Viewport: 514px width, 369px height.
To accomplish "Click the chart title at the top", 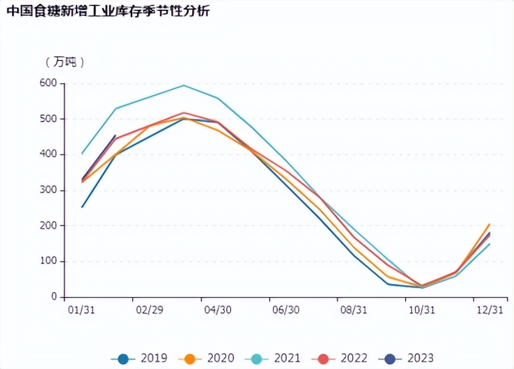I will (x=106, y=10).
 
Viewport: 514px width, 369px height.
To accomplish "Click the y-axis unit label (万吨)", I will (x=64, y=62).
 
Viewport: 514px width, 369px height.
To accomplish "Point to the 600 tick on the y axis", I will (x=48, y=83).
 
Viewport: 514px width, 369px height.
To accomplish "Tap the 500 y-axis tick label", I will (x=48, y=119).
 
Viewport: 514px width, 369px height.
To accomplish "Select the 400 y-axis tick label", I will (x=48, y=155).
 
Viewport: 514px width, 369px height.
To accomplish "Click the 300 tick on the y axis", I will (x=48, y=190).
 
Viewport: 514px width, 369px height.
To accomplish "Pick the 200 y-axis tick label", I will (x=48, y=225).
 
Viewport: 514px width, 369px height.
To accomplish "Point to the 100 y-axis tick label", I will (x=48, y=261).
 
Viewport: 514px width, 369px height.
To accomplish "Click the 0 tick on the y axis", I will (x=54, y=297).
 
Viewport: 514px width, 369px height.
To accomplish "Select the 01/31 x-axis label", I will (x=81, y=310).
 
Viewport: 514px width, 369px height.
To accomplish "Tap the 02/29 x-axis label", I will (x=149, y=310).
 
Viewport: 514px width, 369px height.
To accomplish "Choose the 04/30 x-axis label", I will (x=217, y=310).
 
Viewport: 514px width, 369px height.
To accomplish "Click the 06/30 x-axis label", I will (x=285, y=310).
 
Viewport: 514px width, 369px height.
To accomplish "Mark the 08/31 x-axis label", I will (x=354, y=310).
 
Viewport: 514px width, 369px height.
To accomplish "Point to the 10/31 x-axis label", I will (x=422, y=310).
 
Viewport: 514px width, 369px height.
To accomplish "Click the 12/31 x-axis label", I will (x=490, y=310).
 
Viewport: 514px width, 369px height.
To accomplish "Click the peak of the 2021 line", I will (x=184, y=85).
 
